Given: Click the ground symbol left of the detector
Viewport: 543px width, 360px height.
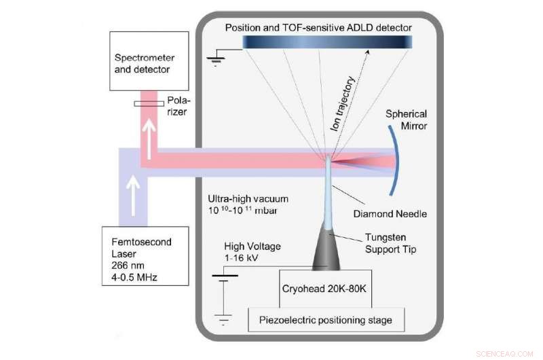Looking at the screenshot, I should [x=217, y=59].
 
